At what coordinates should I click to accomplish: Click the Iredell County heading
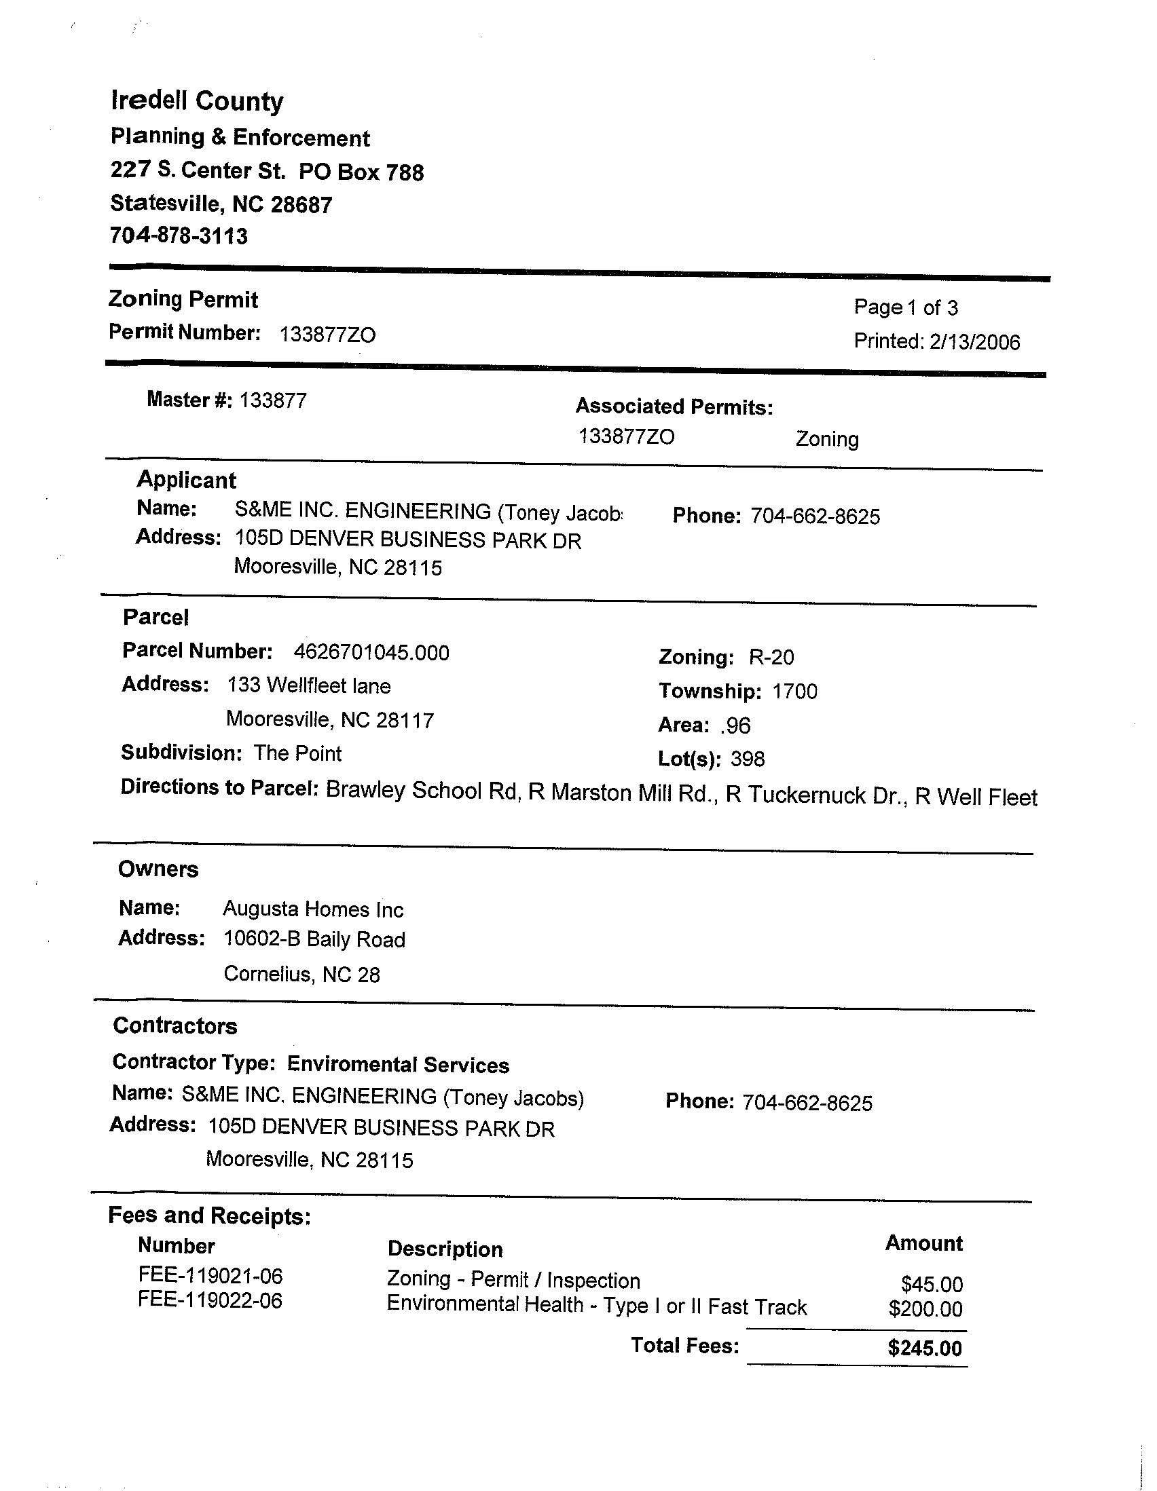click(x=197, y=101)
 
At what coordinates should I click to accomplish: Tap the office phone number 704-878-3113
click(x=179, y=236)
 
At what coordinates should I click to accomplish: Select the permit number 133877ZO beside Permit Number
click(x=327, y=335)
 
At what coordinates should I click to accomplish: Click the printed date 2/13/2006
click(x=974, y=341)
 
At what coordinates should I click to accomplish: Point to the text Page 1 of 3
click(x=906, y=307)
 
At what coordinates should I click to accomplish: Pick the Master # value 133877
click(x=272, y=400)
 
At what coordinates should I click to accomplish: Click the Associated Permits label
click(x=674, y=407)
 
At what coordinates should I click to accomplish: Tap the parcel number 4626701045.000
click(x=371, y=653)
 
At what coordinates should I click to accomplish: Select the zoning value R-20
click(x=771, y=658)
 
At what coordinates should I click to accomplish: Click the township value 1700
click(x=794, y=692)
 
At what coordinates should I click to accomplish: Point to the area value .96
click(x=735, y=725)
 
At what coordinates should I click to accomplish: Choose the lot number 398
click(x=747, y=759)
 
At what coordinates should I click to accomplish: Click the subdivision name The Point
click(x=297, y=753)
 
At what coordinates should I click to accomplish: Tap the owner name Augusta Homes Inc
click(x=313, y=909)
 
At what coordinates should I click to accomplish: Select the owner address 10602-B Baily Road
click(x=314, y=940)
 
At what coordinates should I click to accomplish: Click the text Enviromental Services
click(x=397, y=1065)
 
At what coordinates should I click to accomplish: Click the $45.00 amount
click(x=932, y=1284)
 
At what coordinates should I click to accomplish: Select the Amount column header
click(x=923, y=1243)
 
